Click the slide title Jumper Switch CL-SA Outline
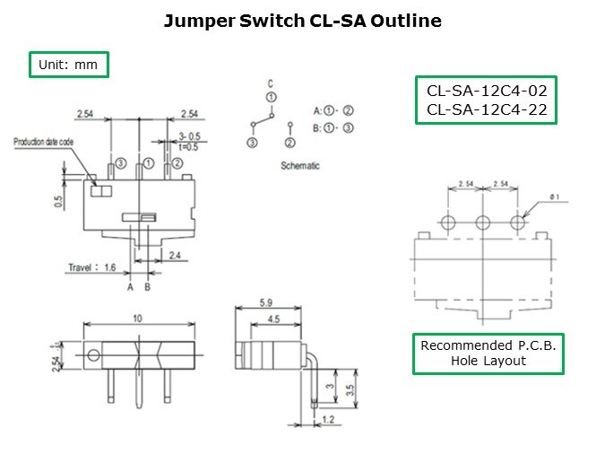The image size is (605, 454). point(302,20)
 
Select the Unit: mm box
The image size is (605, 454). point(69,65)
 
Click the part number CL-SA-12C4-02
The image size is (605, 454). point(487,91)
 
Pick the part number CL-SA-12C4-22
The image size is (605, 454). point(487,110)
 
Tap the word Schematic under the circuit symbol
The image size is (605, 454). point(299,166)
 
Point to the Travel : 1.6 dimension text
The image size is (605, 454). point(93,266)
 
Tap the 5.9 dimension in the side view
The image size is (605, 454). point(266,303)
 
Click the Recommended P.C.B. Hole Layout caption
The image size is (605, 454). point(488,354)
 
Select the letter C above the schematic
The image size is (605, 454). point(270,83)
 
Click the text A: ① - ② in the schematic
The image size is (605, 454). point(333,110)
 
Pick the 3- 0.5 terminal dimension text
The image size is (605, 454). point(191,136)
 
